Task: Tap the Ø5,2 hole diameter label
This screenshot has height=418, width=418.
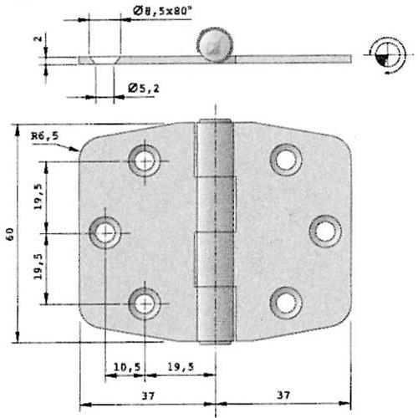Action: pyautogui.click(x=144, y=88)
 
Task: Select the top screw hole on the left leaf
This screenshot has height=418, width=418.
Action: pyautogui.click(x=145, y=160)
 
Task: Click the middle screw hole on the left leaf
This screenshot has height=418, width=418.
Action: pyautogui.click(x=105, y=232)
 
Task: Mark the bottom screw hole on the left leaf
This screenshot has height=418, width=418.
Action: pyautogui.click(x=145, y=303)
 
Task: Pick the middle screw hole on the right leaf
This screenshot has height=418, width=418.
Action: pyautogui.click(x=324, y=231)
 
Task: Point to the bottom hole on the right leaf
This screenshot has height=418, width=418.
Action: pyautogui.click(x=286, y=303)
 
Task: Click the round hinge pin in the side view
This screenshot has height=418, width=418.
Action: pyautogui.click(x=213, y=46)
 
